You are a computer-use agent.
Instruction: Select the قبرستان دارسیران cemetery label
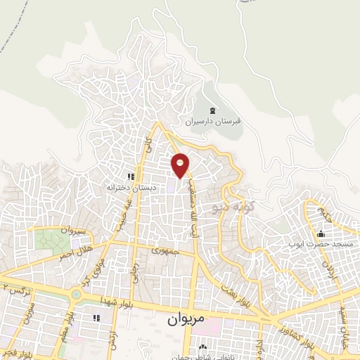click(x=213, y=121)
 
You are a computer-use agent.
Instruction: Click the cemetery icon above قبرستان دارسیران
click(x=213, y=110)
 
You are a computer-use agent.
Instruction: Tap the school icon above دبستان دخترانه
click(x=130, y=176)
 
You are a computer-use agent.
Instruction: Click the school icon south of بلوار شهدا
click(x=96, y=318)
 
